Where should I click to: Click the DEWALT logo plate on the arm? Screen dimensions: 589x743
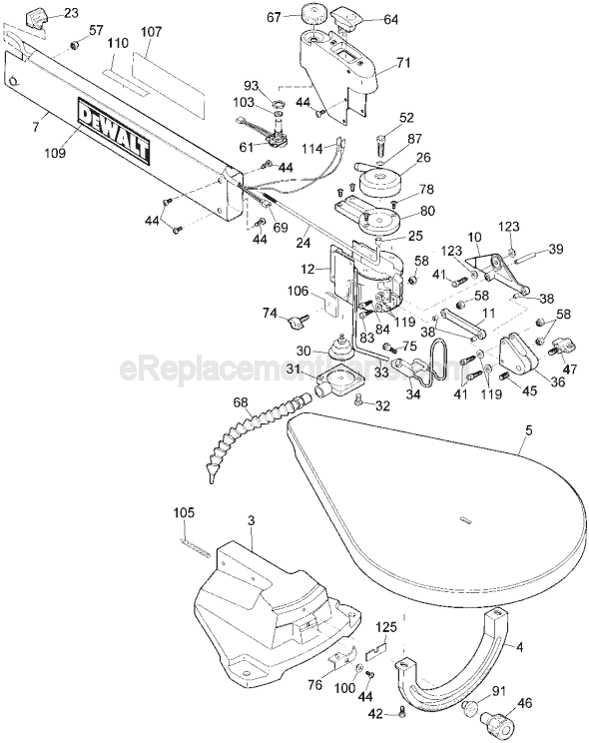(x=114, y=132)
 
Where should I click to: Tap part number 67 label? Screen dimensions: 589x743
(x=275, y=18)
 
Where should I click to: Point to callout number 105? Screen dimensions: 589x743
(x=184, y=512)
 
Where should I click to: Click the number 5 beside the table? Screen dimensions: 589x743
(x=529, y=430)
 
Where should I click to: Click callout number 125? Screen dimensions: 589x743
(x=386, y=627)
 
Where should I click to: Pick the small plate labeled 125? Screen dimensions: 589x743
(x=376, y=649)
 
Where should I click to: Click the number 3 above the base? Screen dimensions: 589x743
(x=252, y=520)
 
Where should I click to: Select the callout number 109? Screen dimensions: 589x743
(x=56, y=154)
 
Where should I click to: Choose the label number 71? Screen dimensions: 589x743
(x=404, y=62)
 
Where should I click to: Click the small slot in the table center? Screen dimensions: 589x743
(x=465, y=519)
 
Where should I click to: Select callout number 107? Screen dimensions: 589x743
(x=152, y=32)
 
